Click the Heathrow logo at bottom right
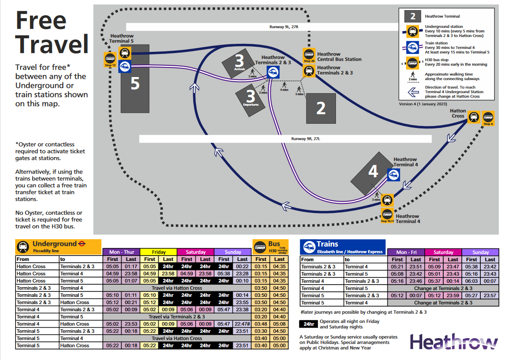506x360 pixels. pos(454,342)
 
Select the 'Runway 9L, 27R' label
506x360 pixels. pos(284,27)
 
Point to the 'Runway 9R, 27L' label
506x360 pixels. pos(306,139)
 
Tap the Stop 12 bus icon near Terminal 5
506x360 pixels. pos(110,59)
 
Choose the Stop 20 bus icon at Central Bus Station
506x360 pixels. pos(309,55)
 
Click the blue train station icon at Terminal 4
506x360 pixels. pos(394,175)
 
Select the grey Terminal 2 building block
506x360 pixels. pos(321,109)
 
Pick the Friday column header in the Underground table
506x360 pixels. pos(159,252)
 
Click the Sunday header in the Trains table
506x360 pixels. pos(480,252)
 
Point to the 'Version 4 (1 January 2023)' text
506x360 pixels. pos(423,104)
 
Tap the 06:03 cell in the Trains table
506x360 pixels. pos(471,281)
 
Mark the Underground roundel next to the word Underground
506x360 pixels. pos(83,243)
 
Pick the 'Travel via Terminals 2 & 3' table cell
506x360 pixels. pos(177,317)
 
